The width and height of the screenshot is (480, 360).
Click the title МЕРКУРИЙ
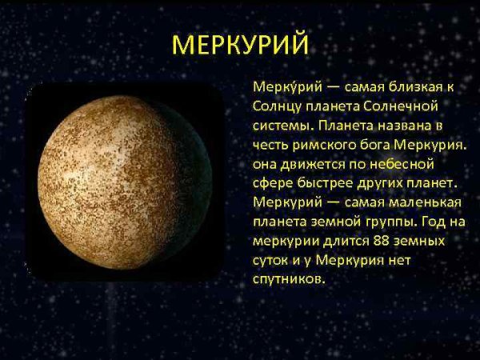coord(240,46)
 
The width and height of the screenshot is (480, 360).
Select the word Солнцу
coord(274,106)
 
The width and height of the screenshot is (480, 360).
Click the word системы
coord(278,126)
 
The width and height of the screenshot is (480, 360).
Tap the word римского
coord(326,146)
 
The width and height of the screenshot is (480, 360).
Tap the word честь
coord(270,146)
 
